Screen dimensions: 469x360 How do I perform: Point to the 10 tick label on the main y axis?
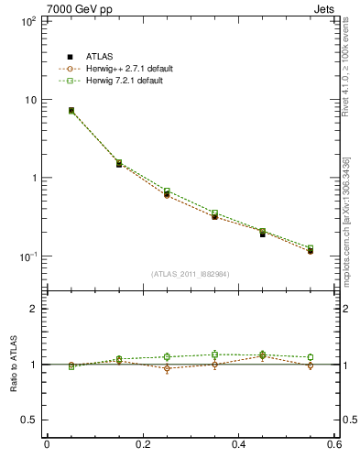pos(29,99)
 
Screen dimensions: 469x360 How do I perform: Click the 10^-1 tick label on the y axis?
pos(27,256)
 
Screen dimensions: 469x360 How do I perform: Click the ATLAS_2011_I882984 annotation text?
pos(191,274)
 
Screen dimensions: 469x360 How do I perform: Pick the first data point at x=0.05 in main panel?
pos(71,111)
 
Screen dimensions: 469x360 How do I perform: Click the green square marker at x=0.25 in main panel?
pos(167,191)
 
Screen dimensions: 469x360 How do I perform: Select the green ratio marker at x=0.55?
pos(311,357)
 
